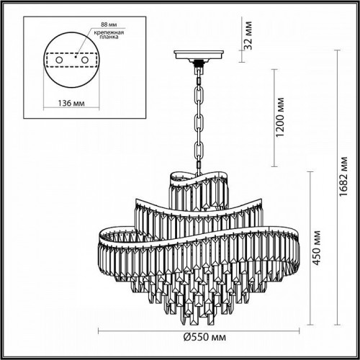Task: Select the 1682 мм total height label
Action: [344, 181]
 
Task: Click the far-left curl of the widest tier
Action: [102, 235]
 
